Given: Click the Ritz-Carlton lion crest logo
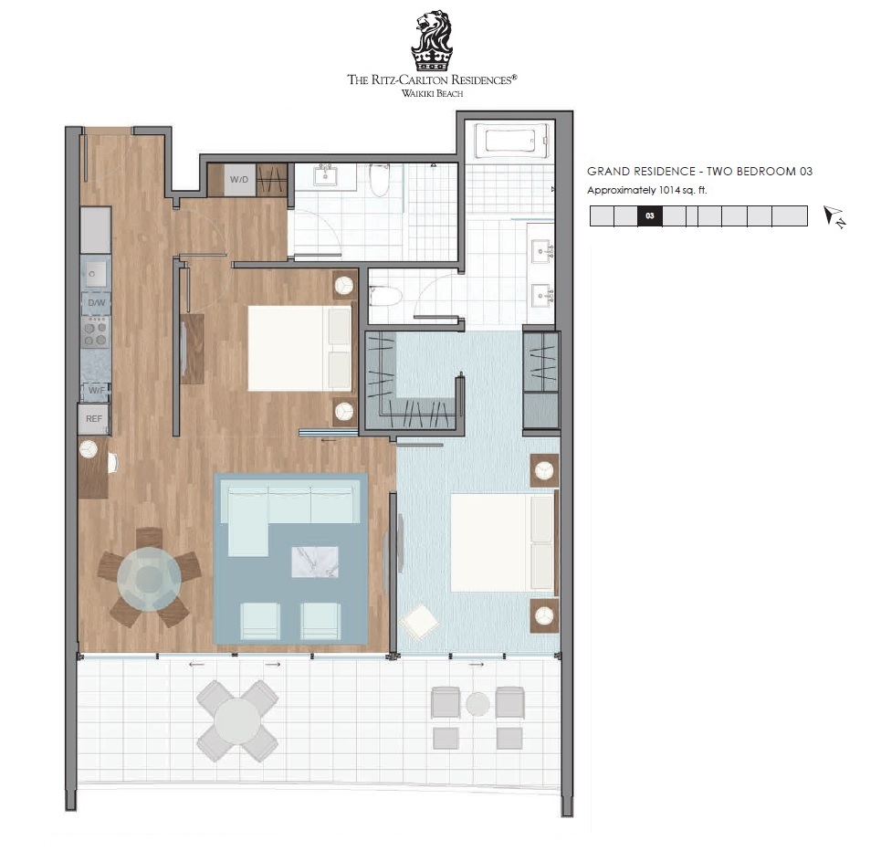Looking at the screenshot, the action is tap(432, 40).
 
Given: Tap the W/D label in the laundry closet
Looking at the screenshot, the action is tap(239, 179).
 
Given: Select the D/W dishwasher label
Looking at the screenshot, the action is tap(96, 302).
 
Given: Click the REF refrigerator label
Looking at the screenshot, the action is tap(94, 419).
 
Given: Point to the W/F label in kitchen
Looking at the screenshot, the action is tap(96, 390).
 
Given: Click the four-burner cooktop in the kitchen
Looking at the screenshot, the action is tap(95, 332).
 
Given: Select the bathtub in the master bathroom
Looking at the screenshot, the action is tap(510, 141).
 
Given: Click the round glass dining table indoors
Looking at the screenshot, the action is tap(149, 578).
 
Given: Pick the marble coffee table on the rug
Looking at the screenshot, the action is tap(315, 562).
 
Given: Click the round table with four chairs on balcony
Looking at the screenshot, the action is tap(237, 720).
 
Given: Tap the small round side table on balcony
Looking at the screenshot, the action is tap(477, 704).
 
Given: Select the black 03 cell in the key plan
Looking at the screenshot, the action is tap(650, 215).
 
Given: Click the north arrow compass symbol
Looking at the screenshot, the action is tap(834, 217).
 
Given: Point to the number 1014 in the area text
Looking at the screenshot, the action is tap(669, 190).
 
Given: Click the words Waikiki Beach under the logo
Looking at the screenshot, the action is tap(432, 93).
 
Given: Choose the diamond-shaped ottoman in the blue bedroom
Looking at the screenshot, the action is tap(419, 622).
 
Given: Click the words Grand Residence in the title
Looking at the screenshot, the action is tap(641, 172).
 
